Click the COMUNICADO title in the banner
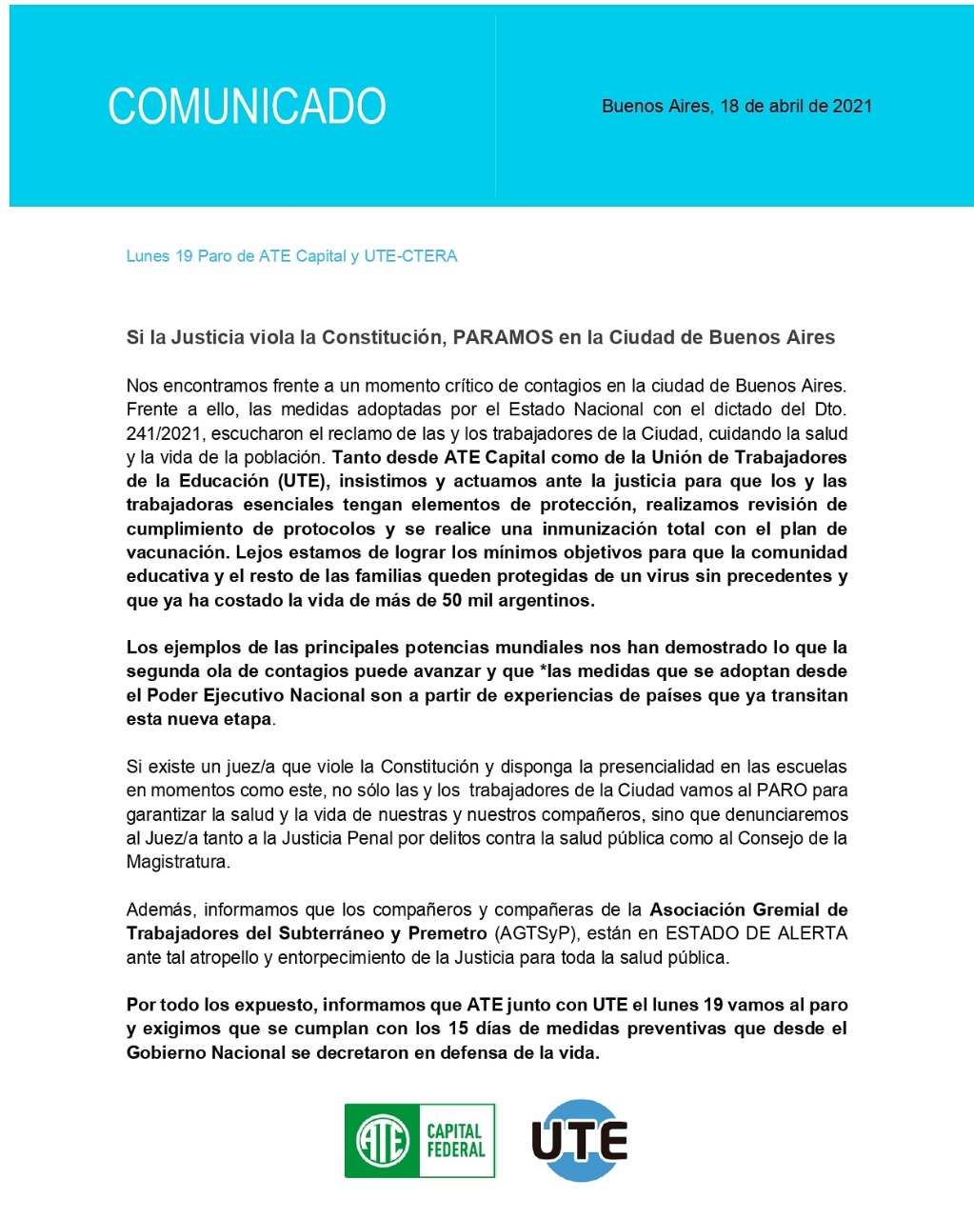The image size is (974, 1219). pyautogui.click(x=247, y=106)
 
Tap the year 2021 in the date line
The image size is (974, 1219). pyautogui.click(x=852, y=106)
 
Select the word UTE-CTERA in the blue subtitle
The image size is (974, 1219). pyautogui.click(x=410, y=256)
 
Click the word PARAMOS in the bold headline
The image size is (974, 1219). pyautogui.click(x=503, y=337)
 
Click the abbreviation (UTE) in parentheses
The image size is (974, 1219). pyautogui.click(x=300, y=481)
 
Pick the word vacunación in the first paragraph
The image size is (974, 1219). pyautogui.click(x=176, y=552)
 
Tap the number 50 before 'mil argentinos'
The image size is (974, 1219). pyautogui.click(x=453, y=600)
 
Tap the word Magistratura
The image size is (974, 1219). pyautogui.click(x=177, y=862)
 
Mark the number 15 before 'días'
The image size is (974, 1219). pyautogui.click(x=459, y=1029)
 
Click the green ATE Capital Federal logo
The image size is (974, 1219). pyautogui.click(x=420, y=1140)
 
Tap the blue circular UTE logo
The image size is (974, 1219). pyautogui.click(x=579, y=1140)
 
